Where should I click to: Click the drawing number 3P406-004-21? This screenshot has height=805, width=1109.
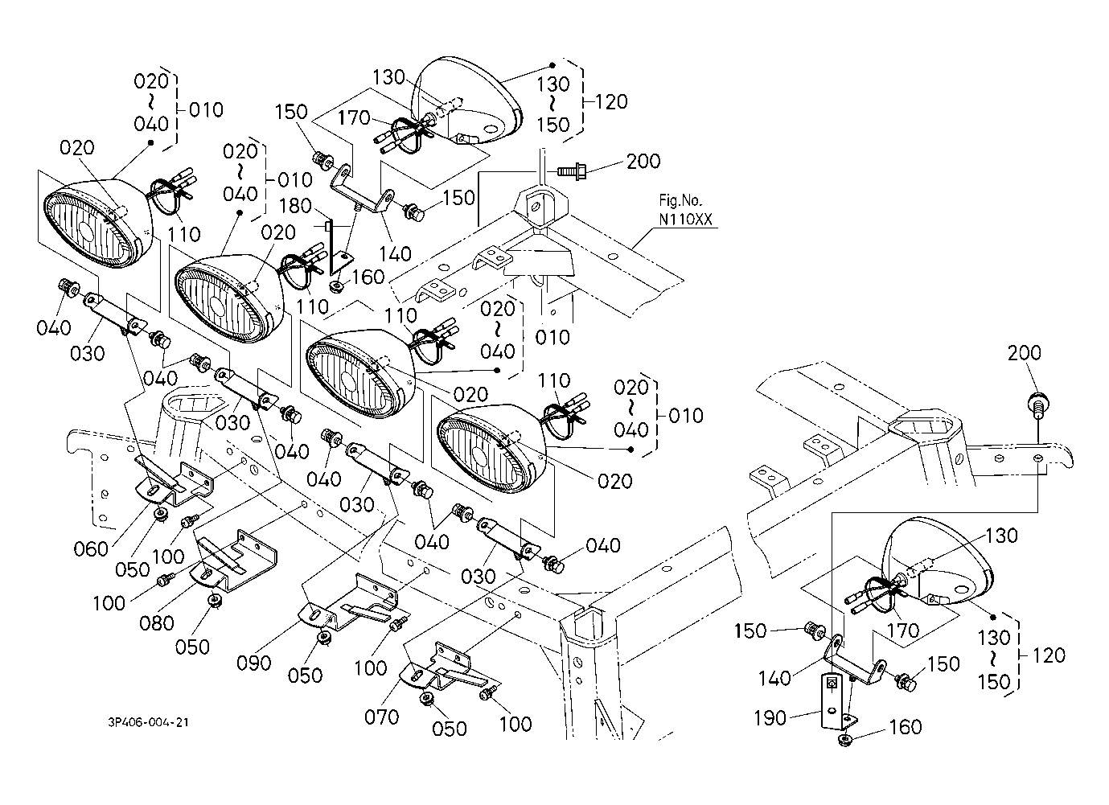point(149,722)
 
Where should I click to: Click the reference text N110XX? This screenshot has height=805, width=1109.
point(685,220)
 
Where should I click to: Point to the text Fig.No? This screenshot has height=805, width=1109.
point(680,200)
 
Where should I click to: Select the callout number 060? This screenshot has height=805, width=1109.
point(91,548)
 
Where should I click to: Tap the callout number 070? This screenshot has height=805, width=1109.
point(382,717)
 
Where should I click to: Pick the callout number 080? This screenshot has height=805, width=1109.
point(157,623)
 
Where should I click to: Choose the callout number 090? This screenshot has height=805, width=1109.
point(254,663)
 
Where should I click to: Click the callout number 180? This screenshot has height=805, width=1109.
point(295,206)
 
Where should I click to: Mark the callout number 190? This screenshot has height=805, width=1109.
point(770,718)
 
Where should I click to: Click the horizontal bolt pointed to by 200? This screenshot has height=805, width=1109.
point(572,172)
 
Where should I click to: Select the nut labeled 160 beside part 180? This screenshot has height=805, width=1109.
point(336,286)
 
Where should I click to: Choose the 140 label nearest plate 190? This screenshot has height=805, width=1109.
point(775,678)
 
